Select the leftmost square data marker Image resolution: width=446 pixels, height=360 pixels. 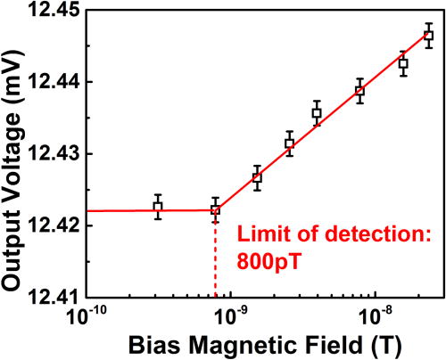point(158,207)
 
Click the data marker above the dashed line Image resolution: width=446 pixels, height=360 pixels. point(215,209)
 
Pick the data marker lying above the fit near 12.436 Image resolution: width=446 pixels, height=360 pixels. point(317,112)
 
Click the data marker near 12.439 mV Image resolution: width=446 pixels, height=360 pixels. point(359,91)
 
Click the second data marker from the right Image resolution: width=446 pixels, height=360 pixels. point(403,64)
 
